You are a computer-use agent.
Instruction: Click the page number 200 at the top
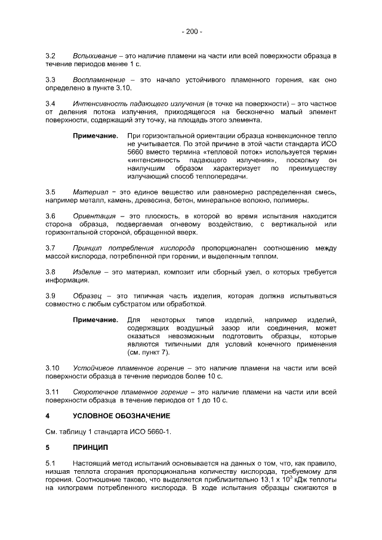tap(191, 31)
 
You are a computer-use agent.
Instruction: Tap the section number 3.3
tap(51, 79)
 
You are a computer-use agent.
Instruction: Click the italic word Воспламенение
tap(99, 79)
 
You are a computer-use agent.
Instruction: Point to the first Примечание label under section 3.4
tap(95, 136)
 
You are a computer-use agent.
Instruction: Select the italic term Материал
tap(90, 192)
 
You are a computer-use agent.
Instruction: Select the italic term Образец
tap(88, 296)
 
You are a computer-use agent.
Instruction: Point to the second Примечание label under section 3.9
tap(95, 320)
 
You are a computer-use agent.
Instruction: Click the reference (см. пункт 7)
tap(144, 353)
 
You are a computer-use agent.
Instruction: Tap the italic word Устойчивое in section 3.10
tap(97, 369)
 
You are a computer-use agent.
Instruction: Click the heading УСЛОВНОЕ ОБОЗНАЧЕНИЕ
tap(121, 415)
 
